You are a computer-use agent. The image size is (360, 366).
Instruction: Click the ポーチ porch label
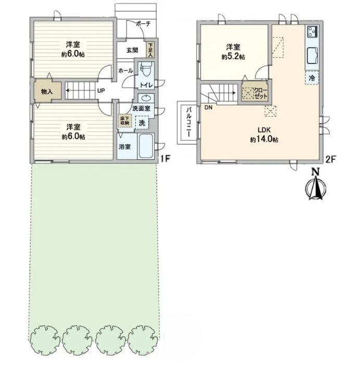pos(143,24)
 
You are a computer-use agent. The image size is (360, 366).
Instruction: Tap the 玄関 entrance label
pos(132,50)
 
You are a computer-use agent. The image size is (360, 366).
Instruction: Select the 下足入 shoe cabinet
pos(150,50)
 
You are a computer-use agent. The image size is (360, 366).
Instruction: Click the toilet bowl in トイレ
pos(145,70)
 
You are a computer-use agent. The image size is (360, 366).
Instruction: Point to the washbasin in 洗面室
pos(146,98)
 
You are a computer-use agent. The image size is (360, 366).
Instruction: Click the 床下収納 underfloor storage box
pos(125,120)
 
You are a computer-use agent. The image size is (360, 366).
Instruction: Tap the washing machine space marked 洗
pos(142,123)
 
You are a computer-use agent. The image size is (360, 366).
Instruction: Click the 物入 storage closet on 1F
pos(47,91)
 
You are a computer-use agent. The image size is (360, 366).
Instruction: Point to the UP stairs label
pos(101,90)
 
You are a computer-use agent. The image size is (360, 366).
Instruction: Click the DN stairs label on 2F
pos(209,108)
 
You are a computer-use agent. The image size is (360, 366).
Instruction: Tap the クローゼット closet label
pos(261,93)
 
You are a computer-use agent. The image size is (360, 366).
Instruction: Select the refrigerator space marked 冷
pos(312,78)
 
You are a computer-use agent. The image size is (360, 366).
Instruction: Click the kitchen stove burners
pos(312,31)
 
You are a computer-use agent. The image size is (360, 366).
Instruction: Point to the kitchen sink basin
pos(312,55)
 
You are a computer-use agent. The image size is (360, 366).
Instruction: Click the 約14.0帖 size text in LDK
pos(264,140)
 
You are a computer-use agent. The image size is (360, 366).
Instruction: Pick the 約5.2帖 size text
pos(233,57)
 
